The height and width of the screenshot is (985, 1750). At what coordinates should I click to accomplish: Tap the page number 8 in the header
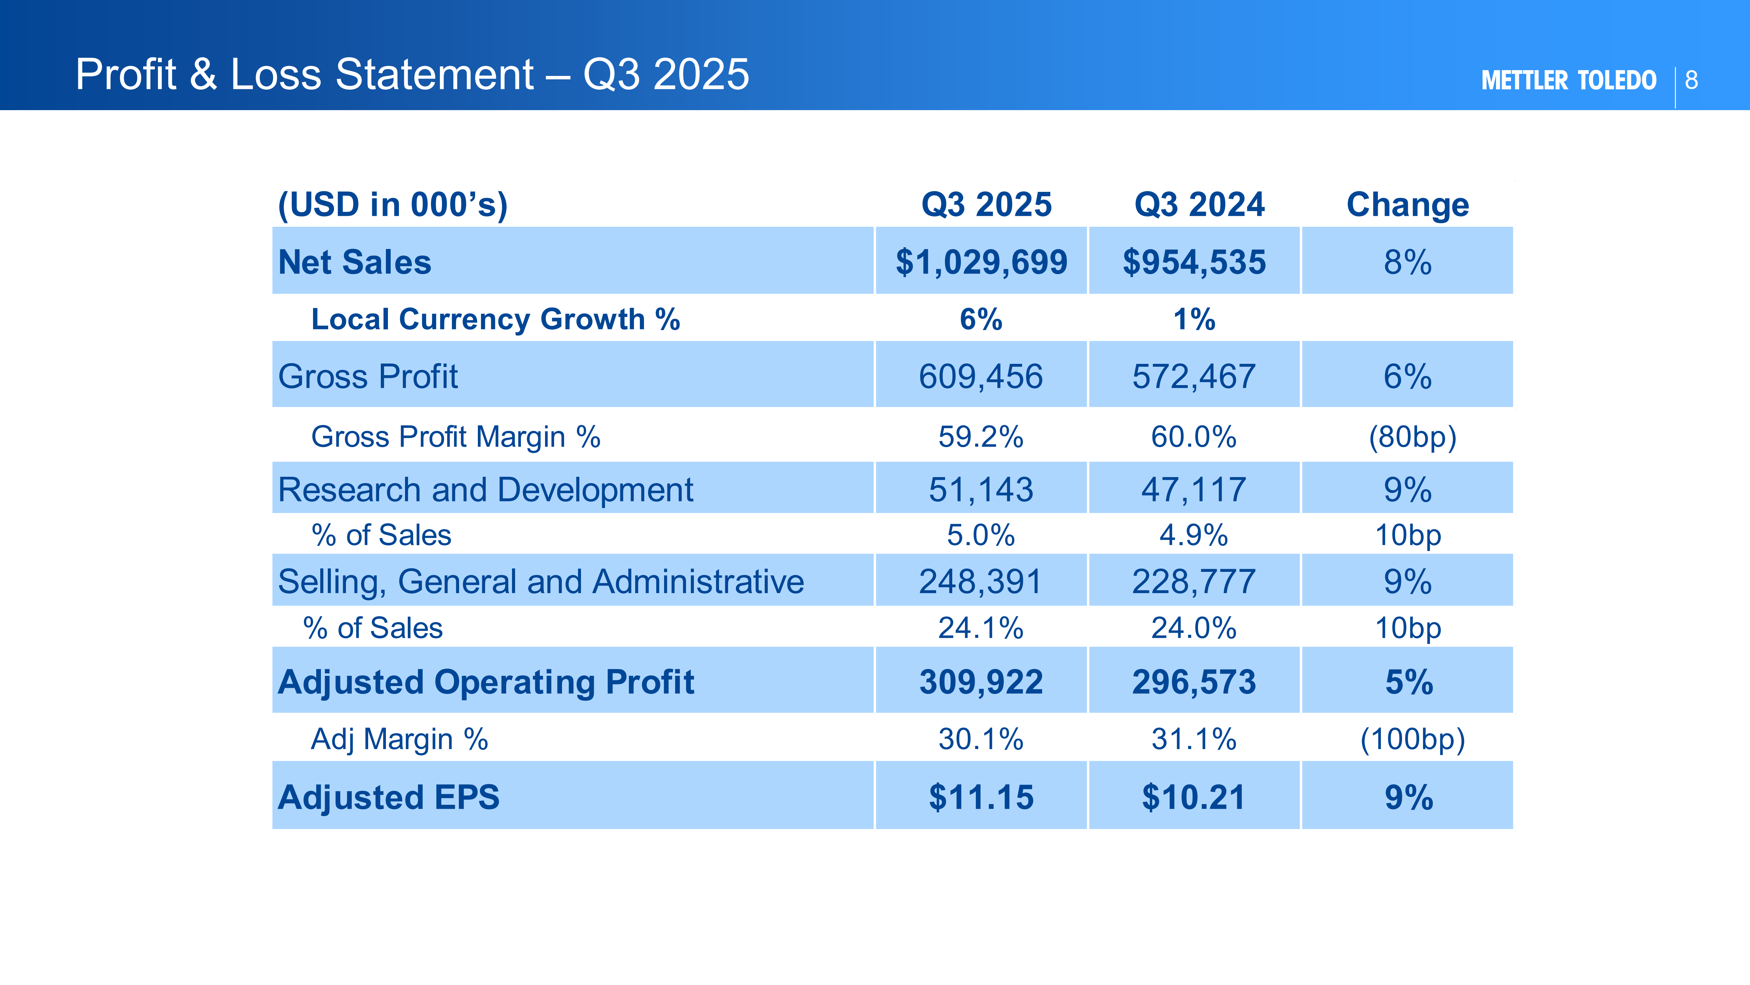click(1692, 80)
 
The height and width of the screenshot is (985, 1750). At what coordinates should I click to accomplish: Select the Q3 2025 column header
click(986, 205)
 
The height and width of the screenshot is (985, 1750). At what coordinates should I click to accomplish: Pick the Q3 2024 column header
click(1199, 205)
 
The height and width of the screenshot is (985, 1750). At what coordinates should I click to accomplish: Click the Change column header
click(1408, 205)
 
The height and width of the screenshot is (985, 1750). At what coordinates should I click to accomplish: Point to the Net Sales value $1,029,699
click(981, 262)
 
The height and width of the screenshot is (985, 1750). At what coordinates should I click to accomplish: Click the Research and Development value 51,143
click(981, 489)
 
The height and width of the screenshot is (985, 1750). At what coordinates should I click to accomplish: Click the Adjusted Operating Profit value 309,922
click(981, 682)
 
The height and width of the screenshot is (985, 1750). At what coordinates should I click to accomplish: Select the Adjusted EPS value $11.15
click(981, 797)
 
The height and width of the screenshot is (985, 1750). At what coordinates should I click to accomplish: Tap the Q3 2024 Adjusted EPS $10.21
click(1194, 797)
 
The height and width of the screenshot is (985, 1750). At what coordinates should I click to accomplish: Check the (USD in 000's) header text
click(393, 205)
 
